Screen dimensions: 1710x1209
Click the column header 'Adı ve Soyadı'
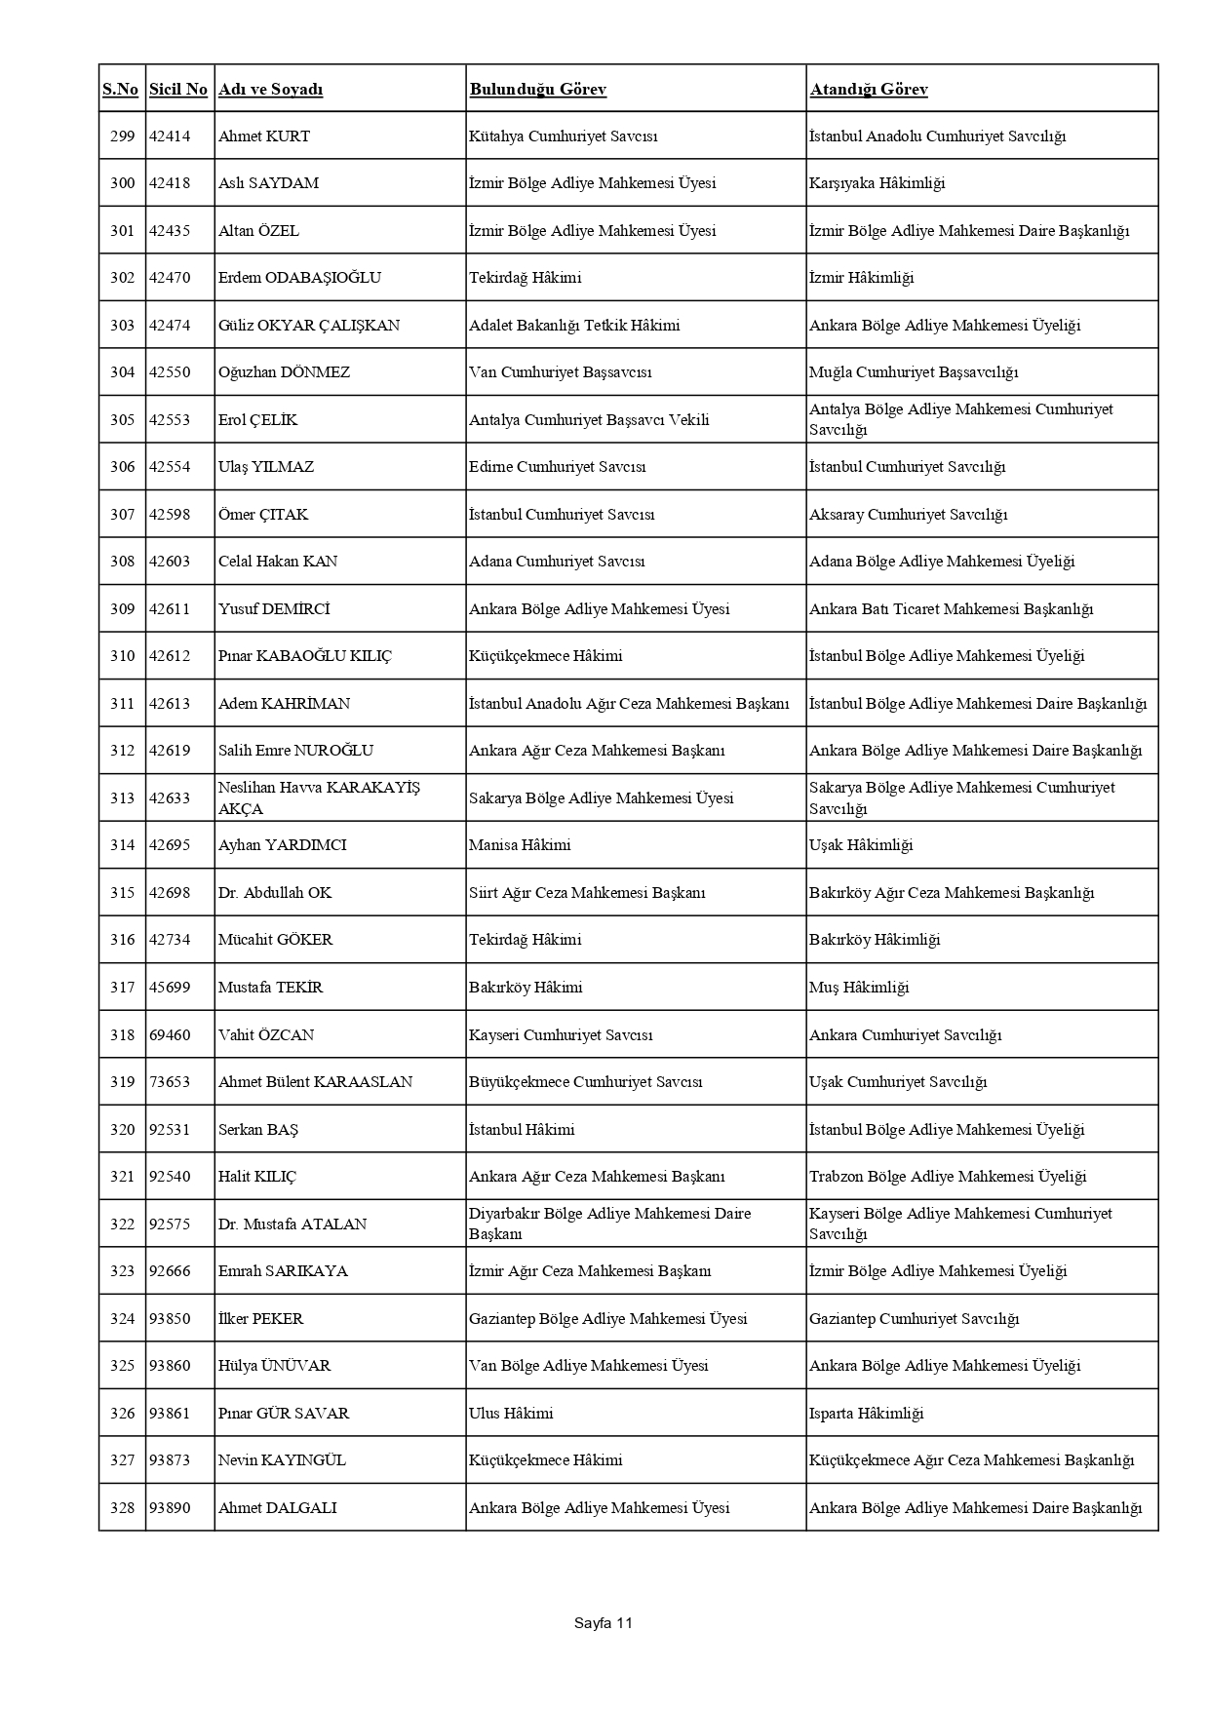point(270,90)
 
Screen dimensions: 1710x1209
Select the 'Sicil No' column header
point(178,90)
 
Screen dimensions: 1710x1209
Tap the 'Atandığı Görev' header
point(868,90)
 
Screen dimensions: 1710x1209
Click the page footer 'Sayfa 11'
point(604,1623)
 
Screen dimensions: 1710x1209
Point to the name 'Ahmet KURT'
point(264,136)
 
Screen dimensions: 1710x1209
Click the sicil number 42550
point(170,372)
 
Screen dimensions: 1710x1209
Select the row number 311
point(122,704)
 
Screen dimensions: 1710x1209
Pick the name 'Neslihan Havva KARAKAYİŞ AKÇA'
point(319,797)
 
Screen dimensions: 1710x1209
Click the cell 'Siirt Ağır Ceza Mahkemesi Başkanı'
point(587,893)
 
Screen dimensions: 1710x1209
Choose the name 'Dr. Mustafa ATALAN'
point(292,1224)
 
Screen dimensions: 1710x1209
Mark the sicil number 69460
point(170,1035)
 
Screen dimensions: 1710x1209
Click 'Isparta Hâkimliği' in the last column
point(866,1414)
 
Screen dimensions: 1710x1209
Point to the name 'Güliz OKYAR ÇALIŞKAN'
point(309,326)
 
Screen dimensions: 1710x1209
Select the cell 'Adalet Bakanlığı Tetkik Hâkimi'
point(574,326)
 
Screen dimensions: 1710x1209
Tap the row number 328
point(122,1508)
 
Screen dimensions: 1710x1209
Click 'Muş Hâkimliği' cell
point(859,988)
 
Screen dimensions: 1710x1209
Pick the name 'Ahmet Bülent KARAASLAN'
point(315,1082)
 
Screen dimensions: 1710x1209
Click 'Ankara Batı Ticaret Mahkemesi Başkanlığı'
point(951,609)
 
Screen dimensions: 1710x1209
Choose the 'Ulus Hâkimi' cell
point(511,1414)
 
